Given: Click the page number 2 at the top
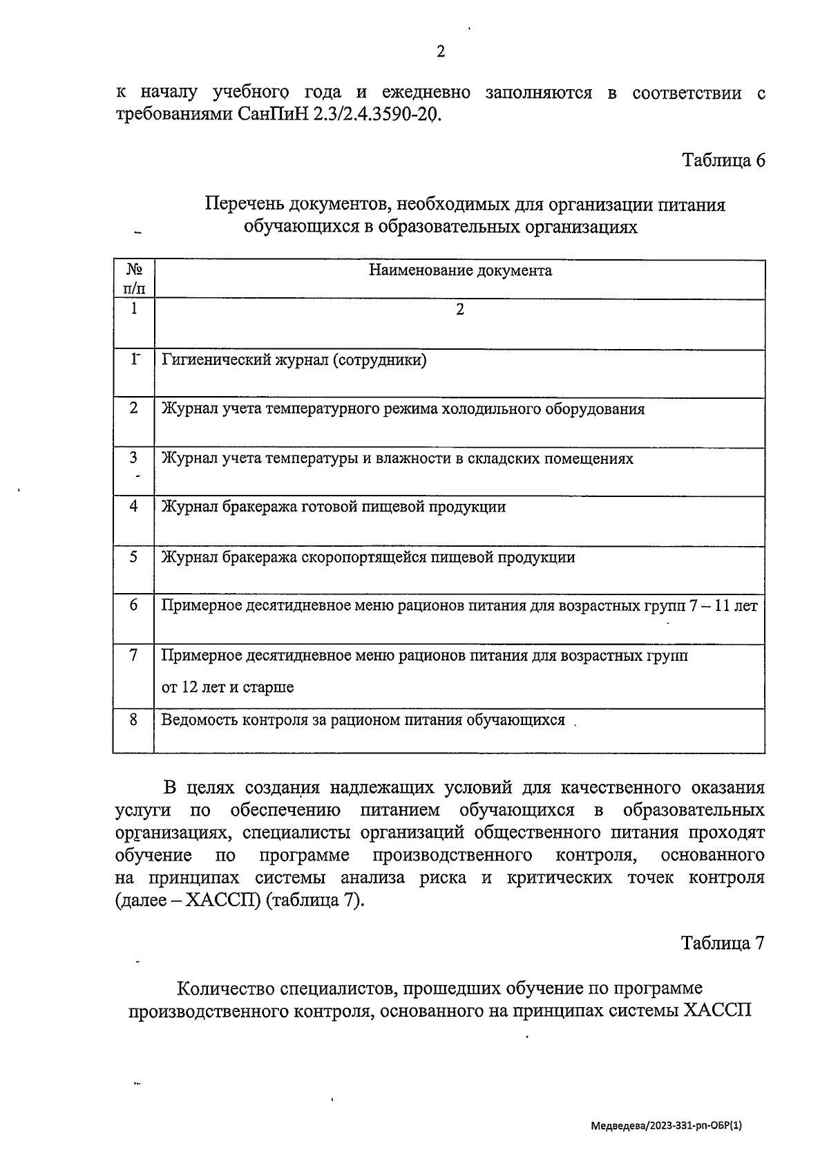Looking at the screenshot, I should coord(440,52).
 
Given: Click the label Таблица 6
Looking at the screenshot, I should coord(723,160).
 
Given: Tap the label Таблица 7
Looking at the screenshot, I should coord(723,944).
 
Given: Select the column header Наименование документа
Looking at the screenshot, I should coord(460,270).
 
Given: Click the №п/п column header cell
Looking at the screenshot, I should coord(134,279).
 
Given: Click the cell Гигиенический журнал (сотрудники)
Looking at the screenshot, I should coord(294,359).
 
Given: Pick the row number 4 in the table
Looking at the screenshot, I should coord(134,506).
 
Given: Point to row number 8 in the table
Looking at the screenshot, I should coord(134,720).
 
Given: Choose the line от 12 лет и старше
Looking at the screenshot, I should coord(227,687).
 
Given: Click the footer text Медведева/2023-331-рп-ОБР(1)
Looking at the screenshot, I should coord(666,1125).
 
